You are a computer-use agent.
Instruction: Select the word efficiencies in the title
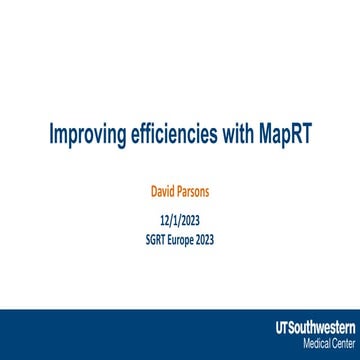tap(176, 135)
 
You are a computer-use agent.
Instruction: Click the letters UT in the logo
tap(280, 328)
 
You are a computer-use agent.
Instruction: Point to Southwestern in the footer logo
tap(317, 328)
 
